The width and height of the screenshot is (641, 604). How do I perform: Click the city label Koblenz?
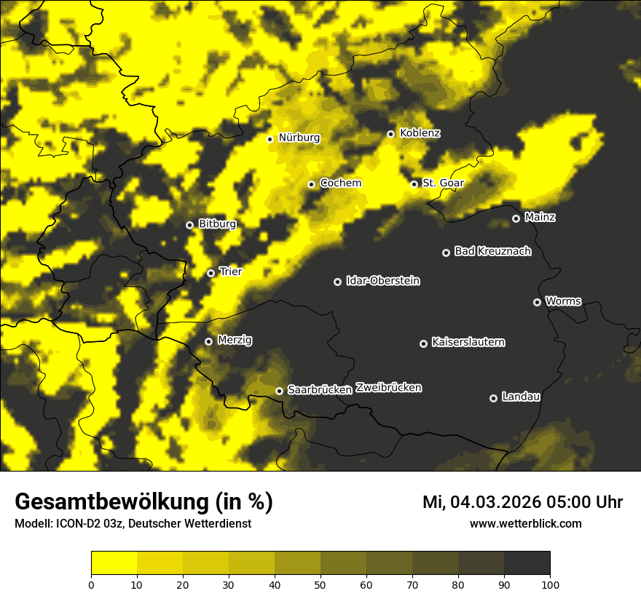(420, 133)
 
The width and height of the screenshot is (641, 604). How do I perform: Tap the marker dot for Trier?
(211, 273)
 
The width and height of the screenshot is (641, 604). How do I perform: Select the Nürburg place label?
(299, 138)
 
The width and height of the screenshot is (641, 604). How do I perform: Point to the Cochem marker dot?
(311, 184)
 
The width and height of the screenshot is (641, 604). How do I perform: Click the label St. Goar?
(443, 183)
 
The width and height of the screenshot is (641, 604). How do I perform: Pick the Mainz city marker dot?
(516, 218)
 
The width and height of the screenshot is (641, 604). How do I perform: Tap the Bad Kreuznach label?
(492, 251)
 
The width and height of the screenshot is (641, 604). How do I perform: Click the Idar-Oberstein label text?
(383, 281)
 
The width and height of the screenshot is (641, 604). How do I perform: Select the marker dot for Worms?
(537, 302)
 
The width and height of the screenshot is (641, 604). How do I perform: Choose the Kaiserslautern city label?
(468, 342)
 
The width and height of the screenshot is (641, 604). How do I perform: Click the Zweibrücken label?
(388, 388)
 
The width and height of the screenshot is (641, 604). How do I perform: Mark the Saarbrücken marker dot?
(279, 391)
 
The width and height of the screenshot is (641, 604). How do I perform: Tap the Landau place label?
(521, 397)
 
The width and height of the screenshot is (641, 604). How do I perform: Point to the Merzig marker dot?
(208, 341)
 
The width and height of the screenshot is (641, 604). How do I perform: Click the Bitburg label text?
(217, 224)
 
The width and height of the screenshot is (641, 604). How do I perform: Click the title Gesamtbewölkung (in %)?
(143, 502)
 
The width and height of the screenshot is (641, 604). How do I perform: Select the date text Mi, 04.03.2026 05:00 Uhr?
(522, 502)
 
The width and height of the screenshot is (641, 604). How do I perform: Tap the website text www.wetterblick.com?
(525, 524)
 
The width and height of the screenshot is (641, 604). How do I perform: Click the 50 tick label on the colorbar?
(320, 584)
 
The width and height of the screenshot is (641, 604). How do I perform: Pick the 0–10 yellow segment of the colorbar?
(114, 563)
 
